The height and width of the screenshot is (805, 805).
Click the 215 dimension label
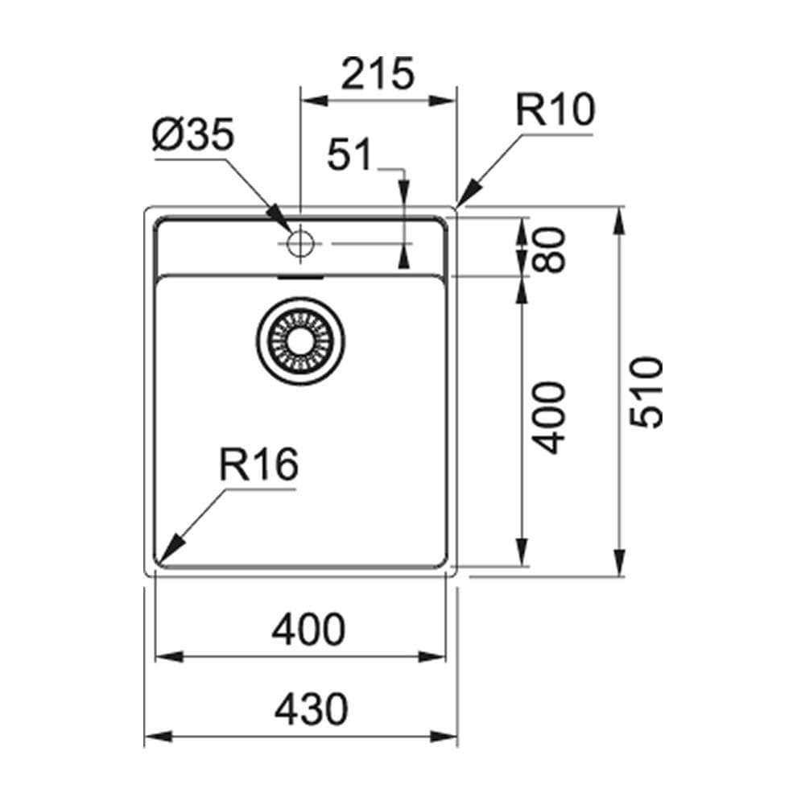[378, 74]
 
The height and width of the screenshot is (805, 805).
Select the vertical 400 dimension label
[550, 417]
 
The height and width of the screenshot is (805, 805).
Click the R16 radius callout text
[259, 465]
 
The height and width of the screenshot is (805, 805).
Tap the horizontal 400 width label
[308, 630]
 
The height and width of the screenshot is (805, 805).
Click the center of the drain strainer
[302, 338]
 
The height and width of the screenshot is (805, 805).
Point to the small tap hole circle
[300, 242]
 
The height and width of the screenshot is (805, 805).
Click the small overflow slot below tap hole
[299, 275]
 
